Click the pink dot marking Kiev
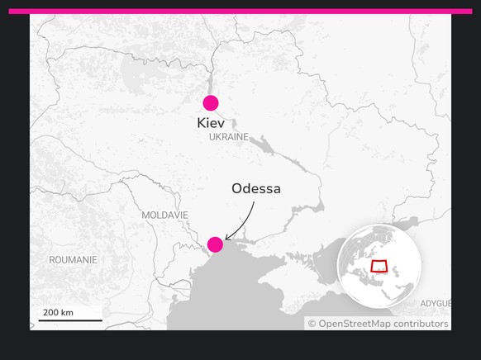(211, 103)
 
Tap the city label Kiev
(211, 123)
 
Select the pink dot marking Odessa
(215, 244)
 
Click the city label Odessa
(256, 189)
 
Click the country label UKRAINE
(229, 137)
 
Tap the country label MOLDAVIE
(165, 215)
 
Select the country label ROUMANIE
(73, 260)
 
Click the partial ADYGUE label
(435, 304)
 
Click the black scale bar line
(70, 320)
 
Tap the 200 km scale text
(58, 313)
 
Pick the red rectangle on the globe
(379, 267)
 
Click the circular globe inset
(380, 266)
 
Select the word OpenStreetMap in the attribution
(355, 324)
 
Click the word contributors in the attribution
(421, 324)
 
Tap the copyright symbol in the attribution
(312, 324)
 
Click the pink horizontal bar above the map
(240, 12)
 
